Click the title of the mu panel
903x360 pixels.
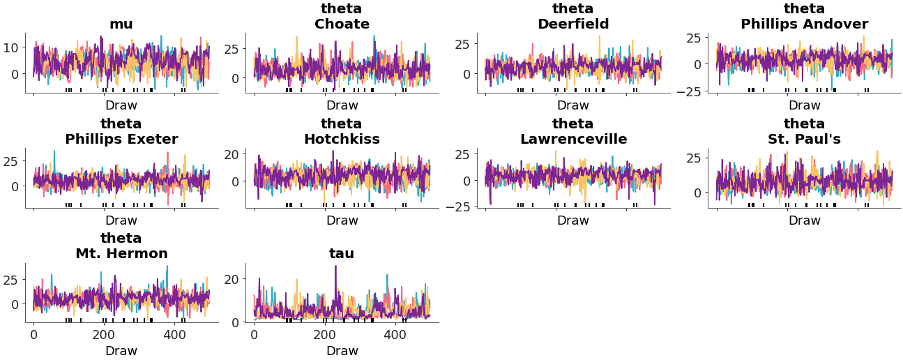121,24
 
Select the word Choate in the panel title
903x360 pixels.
342,24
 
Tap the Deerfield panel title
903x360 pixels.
573,24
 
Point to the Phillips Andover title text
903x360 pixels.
804,24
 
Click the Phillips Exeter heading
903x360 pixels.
121,140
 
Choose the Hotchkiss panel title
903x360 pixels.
342,140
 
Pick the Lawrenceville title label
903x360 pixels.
573,140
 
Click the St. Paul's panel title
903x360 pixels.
804,140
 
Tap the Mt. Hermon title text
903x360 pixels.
121,254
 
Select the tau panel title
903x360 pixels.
342,254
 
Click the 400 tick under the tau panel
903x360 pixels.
395,335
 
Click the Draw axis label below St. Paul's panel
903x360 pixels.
804,220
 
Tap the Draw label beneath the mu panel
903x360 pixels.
121,106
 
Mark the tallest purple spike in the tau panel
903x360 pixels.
335,267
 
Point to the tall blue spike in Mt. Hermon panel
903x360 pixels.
167,267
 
